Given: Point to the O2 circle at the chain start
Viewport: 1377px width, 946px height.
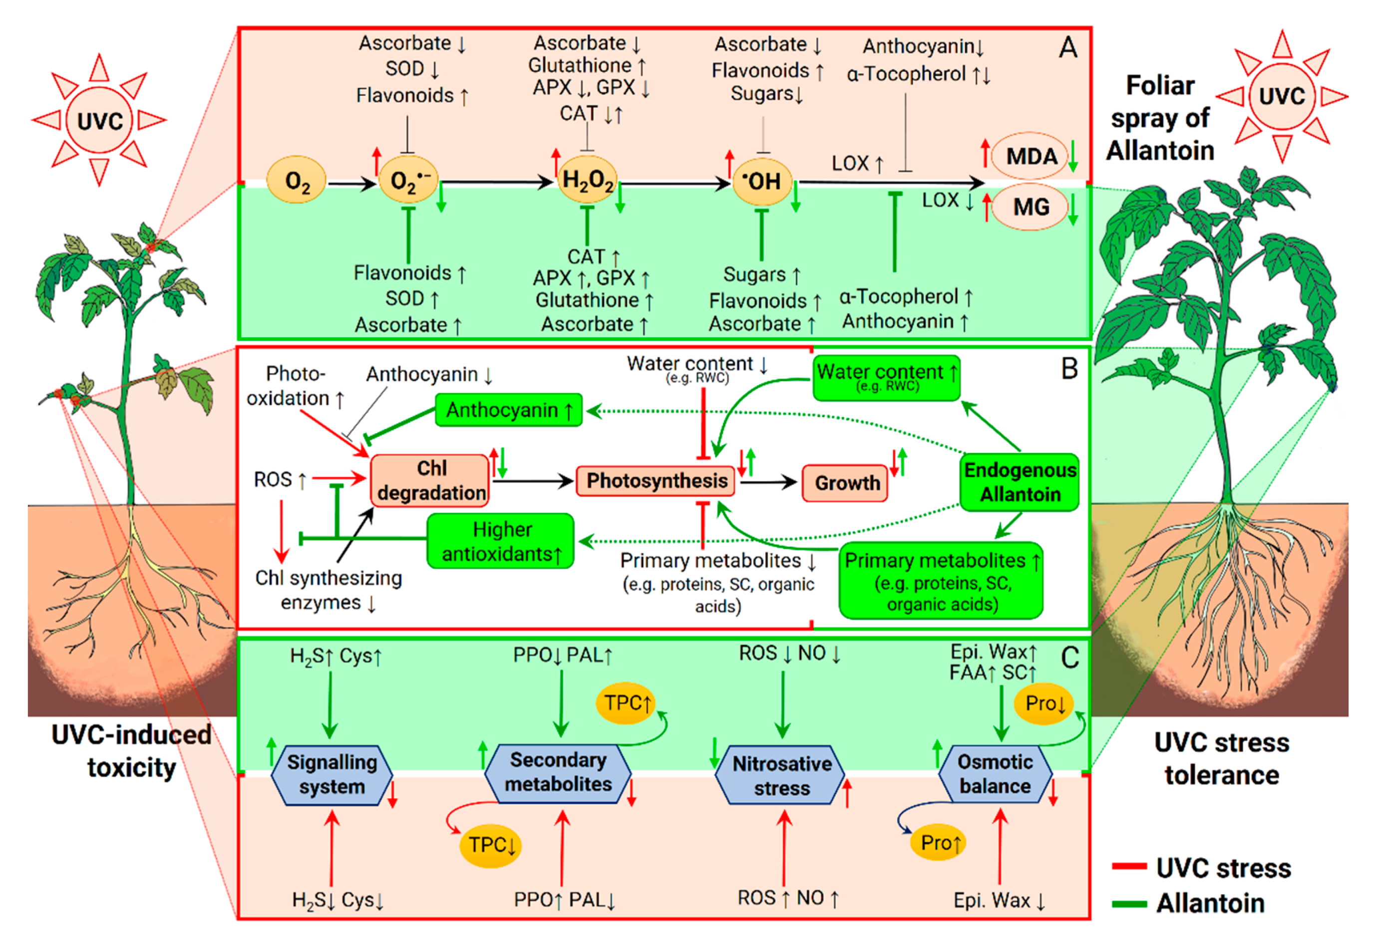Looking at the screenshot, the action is click(297, 180).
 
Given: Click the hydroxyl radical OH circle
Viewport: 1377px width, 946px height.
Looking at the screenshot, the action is click(762, 181).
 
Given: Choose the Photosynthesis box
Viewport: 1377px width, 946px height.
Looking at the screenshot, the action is click(656, 480).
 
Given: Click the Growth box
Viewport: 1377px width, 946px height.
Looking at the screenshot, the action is click(845, 483).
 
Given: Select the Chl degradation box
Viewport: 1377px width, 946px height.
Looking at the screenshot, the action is click(430, 480).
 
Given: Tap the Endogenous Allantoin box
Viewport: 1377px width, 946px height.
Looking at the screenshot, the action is click(1020, 482).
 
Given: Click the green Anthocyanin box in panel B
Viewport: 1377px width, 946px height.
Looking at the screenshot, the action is click(509, 410).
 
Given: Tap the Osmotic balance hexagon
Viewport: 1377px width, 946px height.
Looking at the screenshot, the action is click(996, 773).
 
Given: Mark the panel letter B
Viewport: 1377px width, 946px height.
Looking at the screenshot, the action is click(1069, 369).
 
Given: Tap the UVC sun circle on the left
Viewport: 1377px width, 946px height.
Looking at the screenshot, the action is click(100, 120).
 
